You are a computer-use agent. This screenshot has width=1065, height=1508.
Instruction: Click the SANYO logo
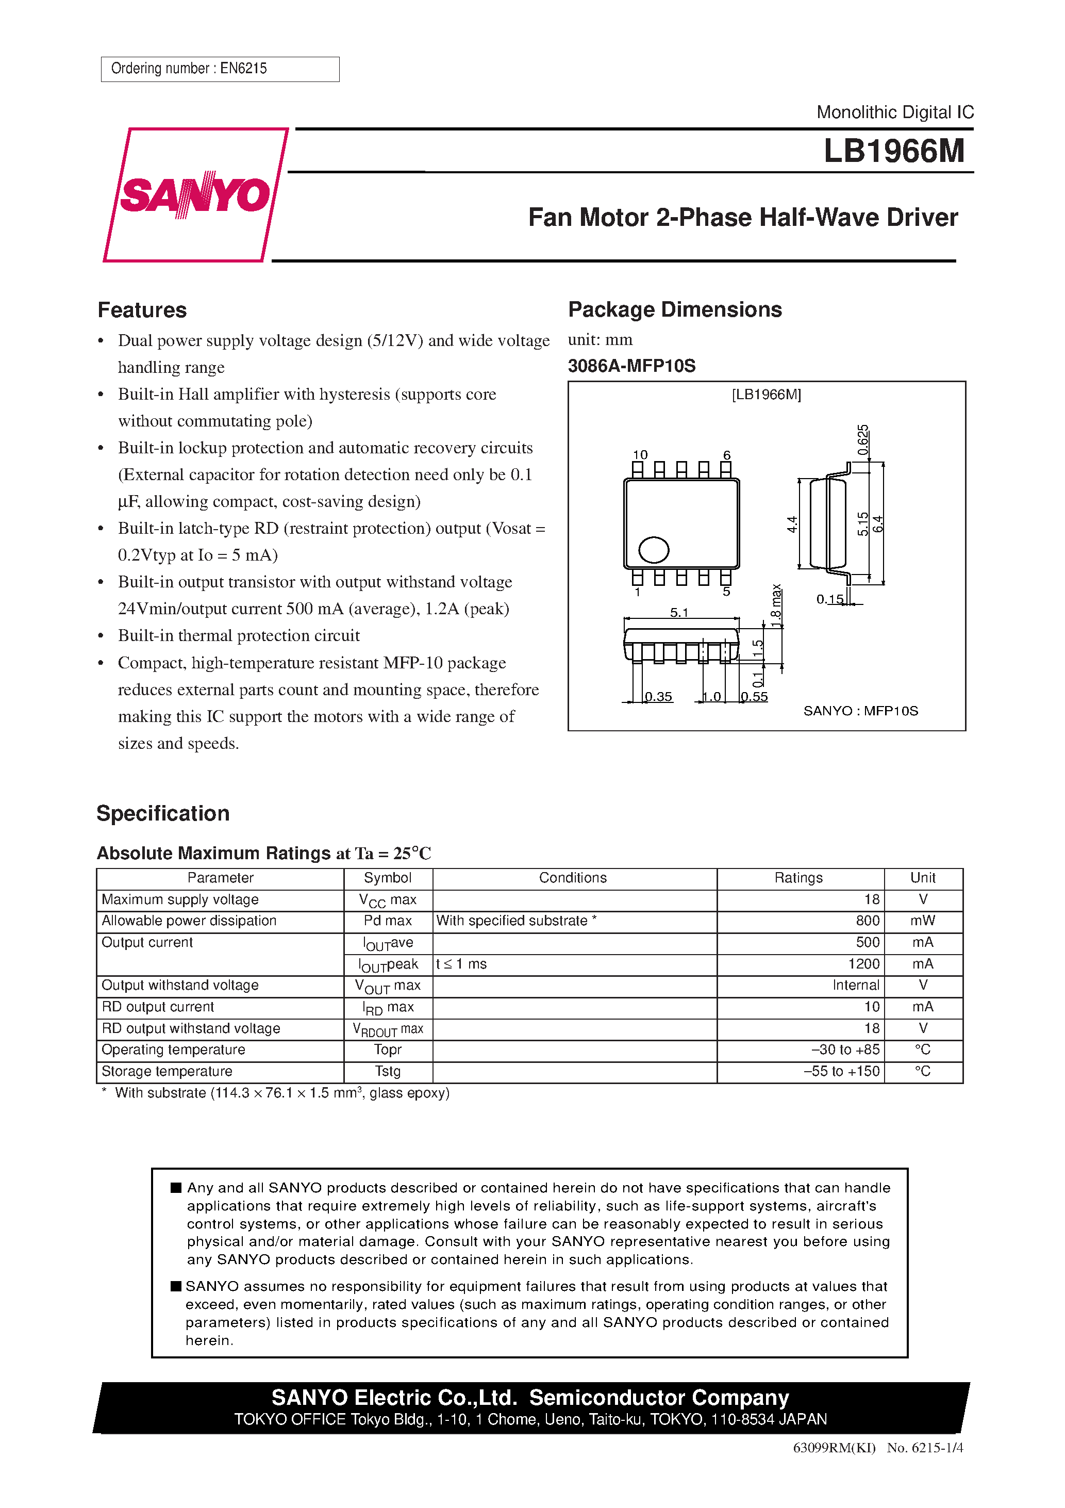click(195, 194)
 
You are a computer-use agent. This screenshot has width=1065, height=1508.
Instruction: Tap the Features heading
click(142, 310)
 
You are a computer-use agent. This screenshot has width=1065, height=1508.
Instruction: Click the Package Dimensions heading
click(674, 309)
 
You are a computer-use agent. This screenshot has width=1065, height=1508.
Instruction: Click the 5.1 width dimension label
click(679, 612)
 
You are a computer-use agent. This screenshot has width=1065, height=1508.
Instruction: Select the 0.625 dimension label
click(863, 440)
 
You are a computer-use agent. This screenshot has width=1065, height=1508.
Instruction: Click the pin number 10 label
click(640, 454)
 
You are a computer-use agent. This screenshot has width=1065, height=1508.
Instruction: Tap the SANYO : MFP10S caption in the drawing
click(860, 711)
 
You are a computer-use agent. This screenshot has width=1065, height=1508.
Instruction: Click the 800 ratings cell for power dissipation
click(867, 921)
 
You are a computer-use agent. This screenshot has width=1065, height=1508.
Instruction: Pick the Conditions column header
click(573, 878)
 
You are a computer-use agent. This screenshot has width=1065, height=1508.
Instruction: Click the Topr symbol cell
click(388, 1050)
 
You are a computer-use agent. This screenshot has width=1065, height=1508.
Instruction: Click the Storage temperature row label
click(167, 1071)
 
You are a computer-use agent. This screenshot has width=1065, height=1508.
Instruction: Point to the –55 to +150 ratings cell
click(841, 1071)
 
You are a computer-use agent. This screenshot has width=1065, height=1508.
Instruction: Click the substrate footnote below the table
click(276, 1093)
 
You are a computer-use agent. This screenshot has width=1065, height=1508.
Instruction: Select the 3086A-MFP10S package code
click(631, 366)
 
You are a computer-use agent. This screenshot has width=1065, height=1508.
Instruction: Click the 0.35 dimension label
click(659, 696)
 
